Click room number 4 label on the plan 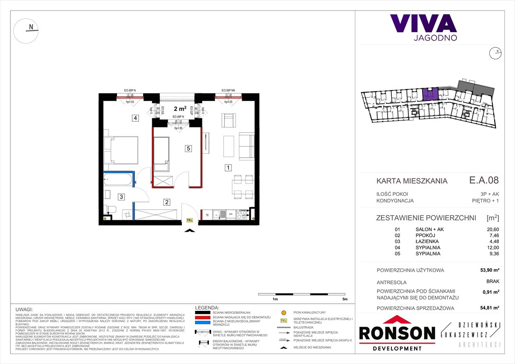[x=135, y=118]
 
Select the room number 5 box [x=188, y=148]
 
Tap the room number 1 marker [x=228, y=167]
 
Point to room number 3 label [x=121, y=197]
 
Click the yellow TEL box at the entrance [x=190, y=220]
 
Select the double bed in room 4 [x=121, y=150]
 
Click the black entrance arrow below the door [x=190, y=231]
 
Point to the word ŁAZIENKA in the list [x=428, y=241]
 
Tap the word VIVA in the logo [x=423, y=24]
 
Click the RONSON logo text [x=397, y=333]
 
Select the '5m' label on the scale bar [x=344, y=300]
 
